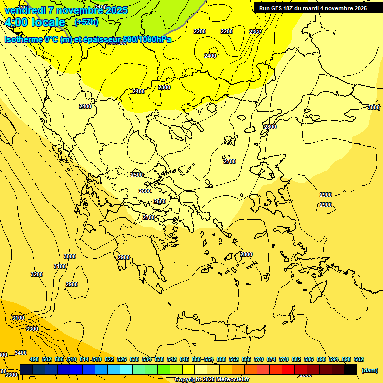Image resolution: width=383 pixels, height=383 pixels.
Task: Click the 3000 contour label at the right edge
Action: coord(373,107)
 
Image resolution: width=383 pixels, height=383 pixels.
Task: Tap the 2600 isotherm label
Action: coord(145,191)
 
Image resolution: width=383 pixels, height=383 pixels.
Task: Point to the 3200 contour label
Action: coord(37,274)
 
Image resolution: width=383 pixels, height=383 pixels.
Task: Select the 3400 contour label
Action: coord(21,353)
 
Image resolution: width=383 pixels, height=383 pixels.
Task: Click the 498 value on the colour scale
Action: coord(34,359)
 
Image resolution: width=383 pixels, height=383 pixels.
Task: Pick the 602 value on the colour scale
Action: coord(359,359)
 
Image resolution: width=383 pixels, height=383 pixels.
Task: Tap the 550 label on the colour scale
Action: coord(196,359)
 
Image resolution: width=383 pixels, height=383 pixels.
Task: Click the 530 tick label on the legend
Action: coord(134,359)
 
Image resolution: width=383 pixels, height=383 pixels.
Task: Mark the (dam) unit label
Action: coord(369,370)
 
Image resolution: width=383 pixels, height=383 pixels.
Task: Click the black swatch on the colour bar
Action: coord(351,369)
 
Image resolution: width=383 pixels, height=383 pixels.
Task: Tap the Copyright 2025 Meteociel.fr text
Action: coord(211,380)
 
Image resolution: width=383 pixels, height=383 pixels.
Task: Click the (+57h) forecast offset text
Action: coord(86,22)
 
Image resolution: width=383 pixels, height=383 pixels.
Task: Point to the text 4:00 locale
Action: coord(35,22)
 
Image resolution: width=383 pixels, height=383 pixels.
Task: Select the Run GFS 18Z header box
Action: coord(313,8)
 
